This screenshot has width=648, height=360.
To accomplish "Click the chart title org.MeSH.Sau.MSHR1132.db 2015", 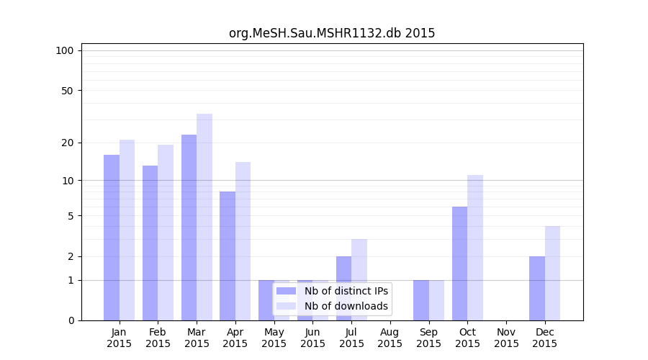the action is click(x=332, y=33).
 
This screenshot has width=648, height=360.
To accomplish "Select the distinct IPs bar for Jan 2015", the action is click(x=112, y=238).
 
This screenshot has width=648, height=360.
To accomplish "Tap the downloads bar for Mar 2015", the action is click(x=204, y=217).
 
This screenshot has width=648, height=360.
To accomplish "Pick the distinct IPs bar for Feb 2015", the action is click(x=150, y=243).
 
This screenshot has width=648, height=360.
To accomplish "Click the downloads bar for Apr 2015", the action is click(x=243, y=241).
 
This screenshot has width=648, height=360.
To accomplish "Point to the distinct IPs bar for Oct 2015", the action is click(x=459, y=264).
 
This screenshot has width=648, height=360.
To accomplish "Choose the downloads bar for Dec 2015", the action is click(x=552, y=273).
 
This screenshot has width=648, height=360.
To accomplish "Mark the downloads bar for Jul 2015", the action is click(x=359, y=280).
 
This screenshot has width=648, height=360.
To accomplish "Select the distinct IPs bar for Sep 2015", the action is click(x=421, y=300).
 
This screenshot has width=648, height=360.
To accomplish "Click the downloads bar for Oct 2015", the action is click(x=475, y=248).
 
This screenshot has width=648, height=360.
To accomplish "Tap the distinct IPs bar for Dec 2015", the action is click(x=537, y=289).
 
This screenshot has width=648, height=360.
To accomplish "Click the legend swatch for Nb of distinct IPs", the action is click(x=286, y=291).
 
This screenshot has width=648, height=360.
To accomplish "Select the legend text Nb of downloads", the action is click(x=346, y=306).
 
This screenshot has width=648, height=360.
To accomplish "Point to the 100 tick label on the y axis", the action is click(x=65, y=50).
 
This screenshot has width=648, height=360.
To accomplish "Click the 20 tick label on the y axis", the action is click(x=68, y=143).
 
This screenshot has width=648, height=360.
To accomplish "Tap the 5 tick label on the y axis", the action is click(x=71, y=216).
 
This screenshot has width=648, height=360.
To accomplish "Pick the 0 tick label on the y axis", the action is click(x=71, y=320).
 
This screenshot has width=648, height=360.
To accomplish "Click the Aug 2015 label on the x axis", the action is click(x=390, y=338).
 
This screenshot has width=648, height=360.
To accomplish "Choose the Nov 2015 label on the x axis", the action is click(x=506, y=338).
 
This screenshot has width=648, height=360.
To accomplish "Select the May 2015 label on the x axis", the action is click(x=274, y=338).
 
